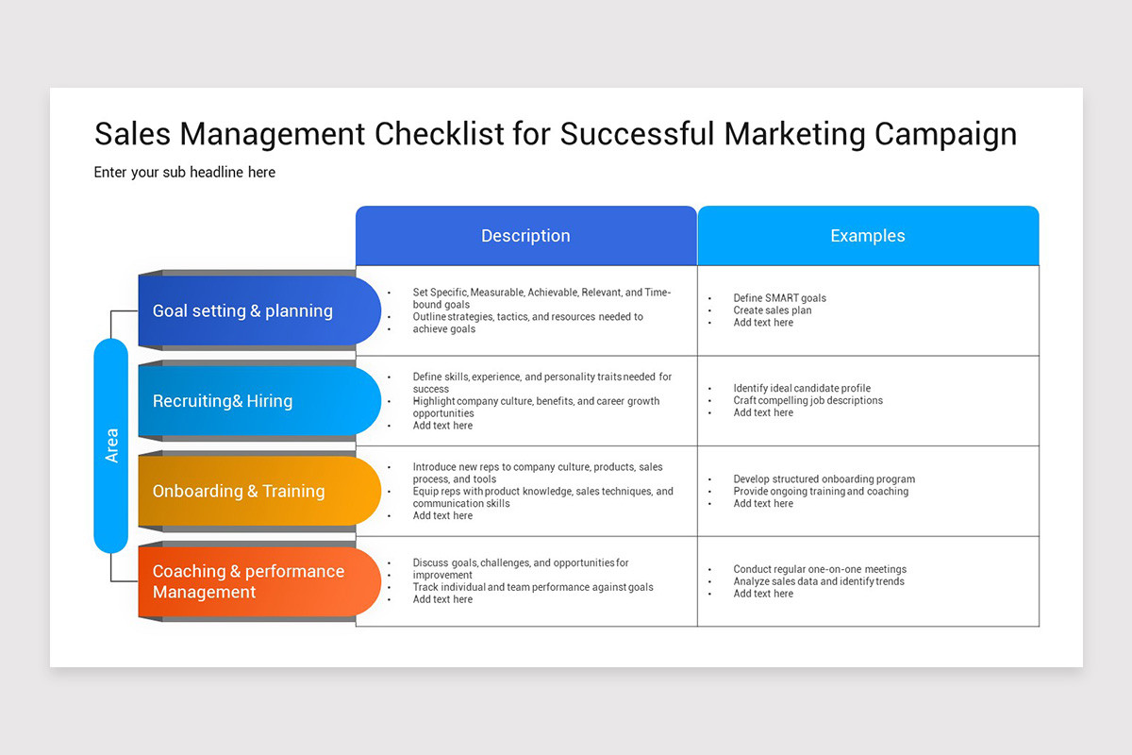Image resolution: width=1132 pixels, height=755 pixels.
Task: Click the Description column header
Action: pyautogui.click(x=525, y=236)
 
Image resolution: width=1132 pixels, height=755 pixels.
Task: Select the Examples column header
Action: pyautogui.click(x=867, y=236)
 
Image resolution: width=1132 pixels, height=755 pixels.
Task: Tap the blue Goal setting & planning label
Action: pyautogui.click(x=242, y=310)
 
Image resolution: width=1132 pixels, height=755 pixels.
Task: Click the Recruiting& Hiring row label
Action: pyautogui.click(x=223, y=401)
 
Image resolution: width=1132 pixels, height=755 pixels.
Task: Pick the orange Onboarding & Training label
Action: pyautogui.click(x=239, y=491)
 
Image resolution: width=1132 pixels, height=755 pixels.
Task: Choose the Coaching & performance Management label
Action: pyautogui.click(x=248, y=581)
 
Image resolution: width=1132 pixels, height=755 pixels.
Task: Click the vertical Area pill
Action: pyautogui.click(x=111, y=445)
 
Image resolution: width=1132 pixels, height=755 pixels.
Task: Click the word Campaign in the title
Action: pyautogui.click(x=945, y=134)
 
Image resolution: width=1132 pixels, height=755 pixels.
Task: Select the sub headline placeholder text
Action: pyautogui.click(x=185, y=172)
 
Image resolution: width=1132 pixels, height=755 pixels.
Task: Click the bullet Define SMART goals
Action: pyautogui.click(x=779, y=298)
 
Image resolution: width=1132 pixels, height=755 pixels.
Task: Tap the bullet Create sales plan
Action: pyautogui.click(x=772, y=310)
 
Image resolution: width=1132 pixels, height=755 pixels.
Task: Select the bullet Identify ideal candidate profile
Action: pyautogui.click(x=802, y=388)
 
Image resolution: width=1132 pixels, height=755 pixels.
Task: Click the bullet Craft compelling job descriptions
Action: pyautogui.click(x=807, y=400)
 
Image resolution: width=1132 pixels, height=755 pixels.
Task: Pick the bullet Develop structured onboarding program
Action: pyautogui.click(x=824, y=479)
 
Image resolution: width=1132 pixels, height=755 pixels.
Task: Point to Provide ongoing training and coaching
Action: pyautogui.click(x=821, y=492)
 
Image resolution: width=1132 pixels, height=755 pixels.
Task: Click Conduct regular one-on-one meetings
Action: pyautogui.click(x=820, y=569)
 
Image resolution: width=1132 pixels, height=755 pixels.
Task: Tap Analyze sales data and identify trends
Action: pyautogui.click(x=818, y=581)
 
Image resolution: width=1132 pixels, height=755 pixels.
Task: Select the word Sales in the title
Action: pyautogui.click(x=132, y=134)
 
